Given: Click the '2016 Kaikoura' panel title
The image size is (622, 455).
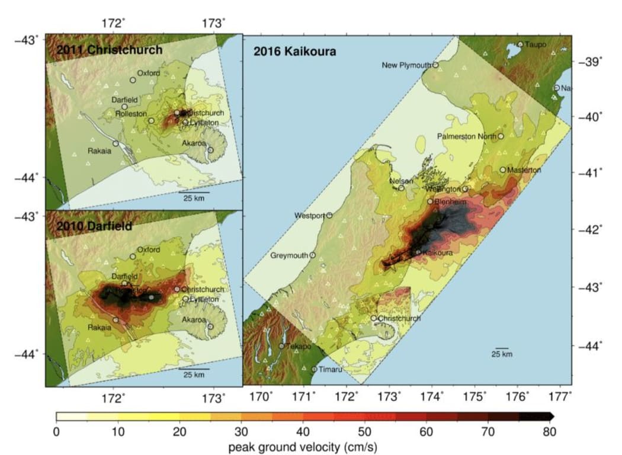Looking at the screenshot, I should (x=295, y=52).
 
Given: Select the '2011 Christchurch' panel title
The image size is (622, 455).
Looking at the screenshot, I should (x=109, y=50).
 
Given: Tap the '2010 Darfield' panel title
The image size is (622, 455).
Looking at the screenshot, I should (x=91, y=226).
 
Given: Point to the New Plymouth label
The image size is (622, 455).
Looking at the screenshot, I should (x=406, y=65).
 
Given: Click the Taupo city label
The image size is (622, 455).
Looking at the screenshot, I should (x=536, y=44).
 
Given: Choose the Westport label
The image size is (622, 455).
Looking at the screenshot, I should (x=309, y=216).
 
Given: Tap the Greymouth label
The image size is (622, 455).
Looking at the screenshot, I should (x=289, y=256).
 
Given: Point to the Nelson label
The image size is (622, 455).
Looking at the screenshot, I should (x=401, y=181).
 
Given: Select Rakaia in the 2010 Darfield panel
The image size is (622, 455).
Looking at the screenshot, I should (x=100, y=327).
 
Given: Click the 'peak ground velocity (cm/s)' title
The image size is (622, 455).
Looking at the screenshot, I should (x=303, y=446).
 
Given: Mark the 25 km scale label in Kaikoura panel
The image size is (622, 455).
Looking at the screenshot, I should (x=502, y=354).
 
